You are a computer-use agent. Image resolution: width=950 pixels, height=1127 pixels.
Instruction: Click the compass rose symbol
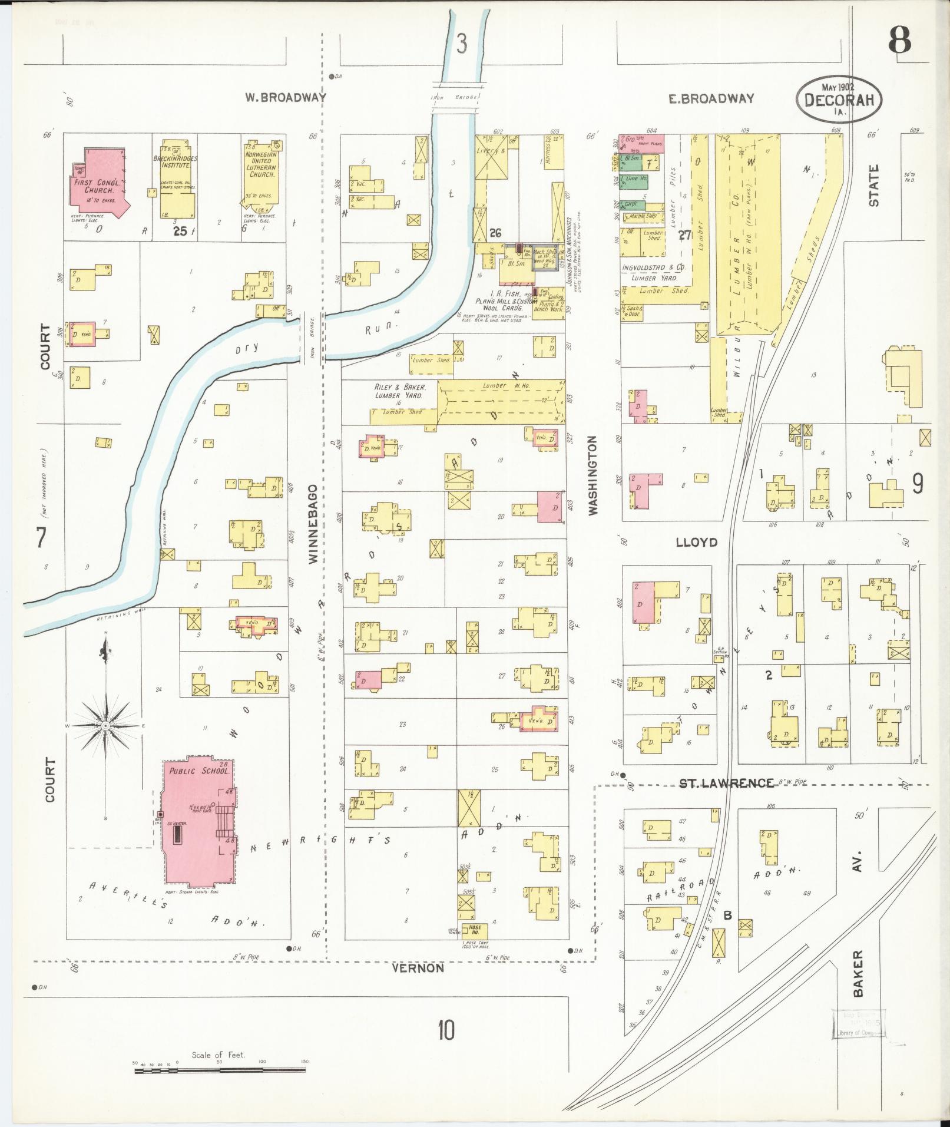(x=105, y=726)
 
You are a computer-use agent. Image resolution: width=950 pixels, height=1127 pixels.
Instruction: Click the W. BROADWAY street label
(x=286, y=98)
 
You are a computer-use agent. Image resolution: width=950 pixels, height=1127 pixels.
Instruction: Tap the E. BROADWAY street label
(x=711, y=98)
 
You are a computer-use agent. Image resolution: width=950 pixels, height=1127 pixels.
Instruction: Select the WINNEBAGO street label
(x=313, y=524)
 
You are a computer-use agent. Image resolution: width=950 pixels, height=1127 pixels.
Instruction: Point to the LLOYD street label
(x=696, y=542)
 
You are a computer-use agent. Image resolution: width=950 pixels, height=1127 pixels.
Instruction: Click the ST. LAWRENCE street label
(x=726, y=783)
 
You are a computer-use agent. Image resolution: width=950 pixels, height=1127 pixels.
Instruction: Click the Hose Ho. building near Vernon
(x=474, y=929)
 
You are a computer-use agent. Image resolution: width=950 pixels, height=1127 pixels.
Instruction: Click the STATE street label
(x=873, y=185)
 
